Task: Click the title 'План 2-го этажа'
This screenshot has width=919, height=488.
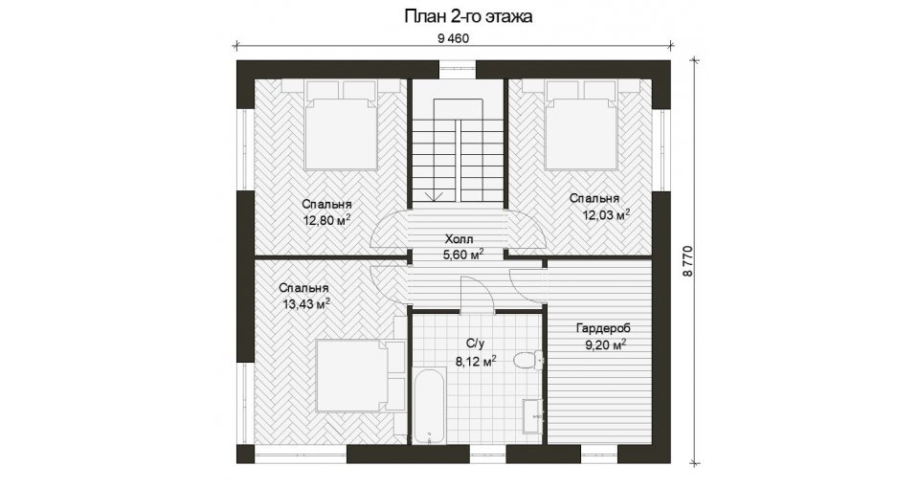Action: click(x=468, y=16)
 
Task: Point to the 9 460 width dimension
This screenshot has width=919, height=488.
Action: click(x=454, y=38)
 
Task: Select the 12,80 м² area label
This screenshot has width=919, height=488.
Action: click(x=327, y=220)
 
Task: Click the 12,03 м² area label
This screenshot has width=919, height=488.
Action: click(x=606, y=214)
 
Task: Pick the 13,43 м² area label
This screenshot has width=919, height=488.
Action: click(x=306, y=303)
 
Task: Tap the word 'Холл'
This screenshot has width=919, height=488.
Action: click(x=459, y=239)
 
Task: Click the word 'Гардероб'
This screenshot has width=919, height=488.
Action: click(x=603, y=328)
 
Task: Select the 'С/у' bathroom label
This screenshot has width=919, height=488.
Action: click(x=474, y=345)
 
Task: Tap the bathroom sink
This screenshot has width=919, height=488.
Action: click(x=533, y=416)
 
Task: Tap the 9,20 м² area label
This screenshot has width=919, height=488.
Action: click(x=606, y=345)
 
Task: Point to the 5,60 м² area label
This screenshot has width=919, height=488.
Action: click(x=463, y=255)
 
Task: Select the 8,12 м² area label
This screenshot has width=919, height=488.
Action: click(x=477, y=361)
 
